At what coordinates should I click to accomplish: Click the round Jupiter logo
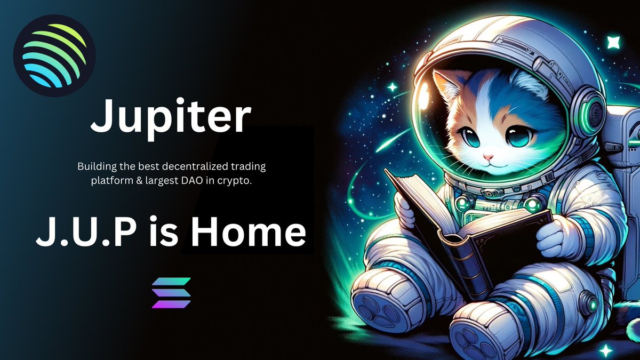pos(54,55)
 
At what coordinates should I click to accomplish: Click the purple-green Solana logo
pos(171,293)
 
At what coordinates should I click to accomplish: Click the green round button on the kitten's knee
pos(589,305)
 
